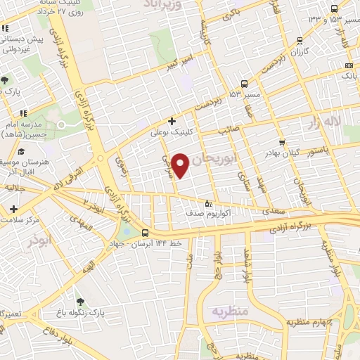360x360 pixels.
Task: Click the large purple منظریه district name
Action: point(233,310)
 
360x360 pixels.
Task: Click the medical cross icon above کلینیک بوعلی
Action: point(172,120)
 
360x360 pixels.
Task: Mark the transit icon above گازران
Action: point(300,41)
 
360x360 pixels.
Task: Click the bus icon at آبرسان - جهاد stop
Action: point(146,233)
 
